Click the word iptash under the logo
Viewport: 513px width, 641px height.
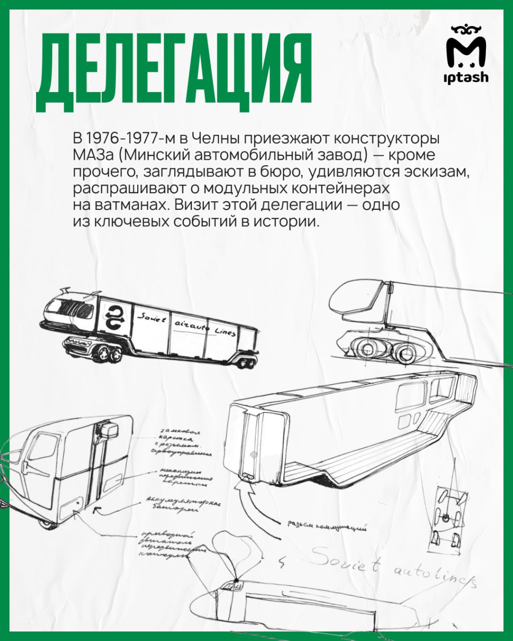465,77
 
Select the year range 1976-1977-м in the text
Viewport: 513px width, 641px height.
126,138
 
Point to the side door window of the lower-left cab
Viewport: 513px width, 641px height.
42,448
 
